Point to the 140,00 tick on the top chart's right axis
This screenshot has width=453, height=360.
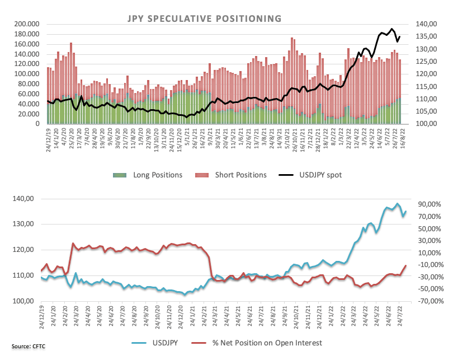coord(423,24)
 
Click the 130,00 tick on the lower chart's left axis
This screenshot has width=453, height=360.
coord(25,224)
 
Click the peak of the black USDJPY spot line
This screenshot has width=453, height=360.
coord(393,29)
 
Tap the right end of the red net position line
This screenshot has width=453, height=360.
coord(406,265)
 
